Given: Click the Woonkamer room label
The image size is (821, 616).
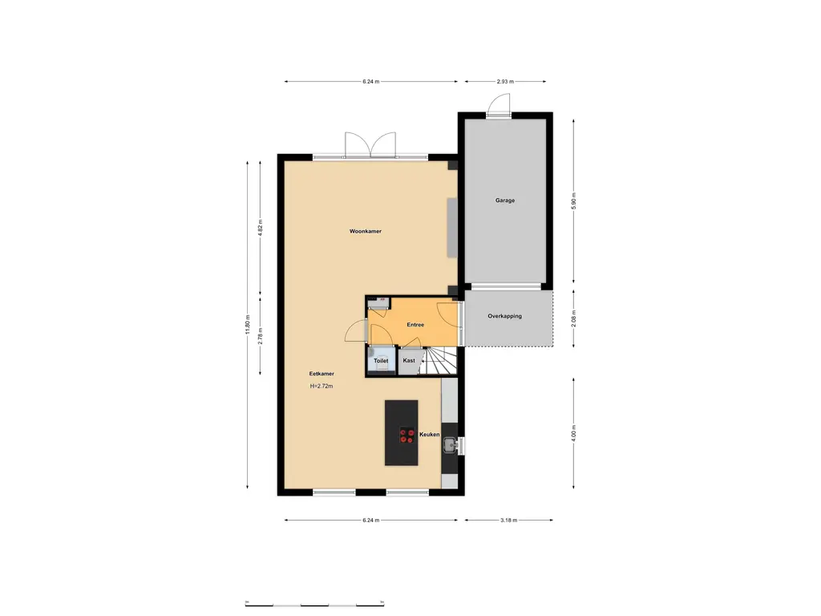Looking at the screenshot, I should (365, 231).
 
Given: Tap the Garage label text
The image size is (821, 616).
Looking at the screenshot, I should (504, 201).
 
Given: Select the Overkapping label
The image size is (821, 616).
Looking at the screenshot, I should (504, 316).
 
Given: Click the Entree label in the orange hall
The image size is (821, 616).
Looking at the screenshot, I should (415, 325).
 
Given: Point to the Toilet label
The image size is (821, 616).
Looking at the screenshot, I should (381, 361).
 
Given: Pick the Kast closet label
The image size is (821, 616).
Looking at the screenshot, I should (409, 361).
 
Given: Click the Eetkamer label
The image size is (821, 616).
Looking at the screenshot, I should (322, 374).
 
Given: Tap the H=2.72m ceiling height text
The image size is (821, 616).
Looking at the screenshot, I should (322, 387).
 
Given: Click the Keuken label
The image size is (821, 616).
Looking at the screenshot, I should (430, 434).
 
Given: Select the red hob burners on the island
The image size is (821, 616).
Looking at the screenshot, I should (406, 435).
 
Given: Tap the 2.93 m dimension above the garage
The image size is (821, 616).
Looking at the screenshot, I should (505, 81).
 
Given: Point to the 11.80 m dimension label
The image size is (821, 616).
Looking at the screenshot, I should (249, 324).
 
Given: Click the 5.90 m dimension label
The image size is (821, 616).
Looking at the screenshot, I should (573, 201).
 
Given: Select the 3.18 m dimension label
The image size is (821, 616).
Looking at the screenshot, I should (508, 520).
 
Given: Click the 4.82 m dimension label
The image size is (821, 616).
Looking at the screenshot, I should (261, 226).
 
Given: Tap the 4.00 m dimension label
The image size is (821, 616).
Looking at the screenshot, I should (573, 433).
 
